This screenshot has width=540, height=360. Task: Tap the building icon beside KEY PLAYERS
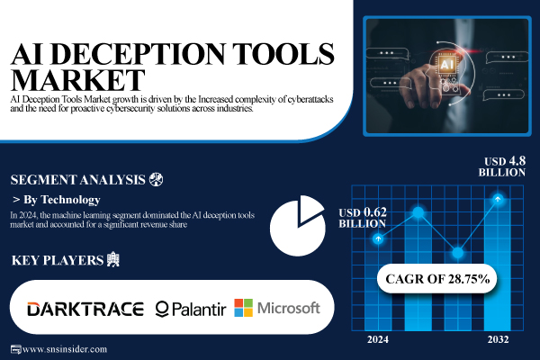(x=112, y=261)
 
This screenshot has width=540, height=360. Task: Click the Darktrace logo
(x=85, y=309)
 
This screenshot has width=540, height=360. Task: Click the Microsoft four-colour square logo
(x=244, y=308)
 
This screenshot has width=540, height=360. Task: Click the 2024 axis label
(x=378, y=339)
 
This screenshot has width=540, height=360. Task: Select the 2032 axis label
(x=498, y=339)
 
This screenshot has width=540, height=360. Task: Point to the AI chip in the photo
(x=445, y=66)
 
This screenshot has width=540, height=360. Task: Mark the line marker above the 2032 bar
(x=498, y=198)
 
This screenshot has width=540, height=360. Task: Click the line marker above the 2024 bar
(x=379, y=238)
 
